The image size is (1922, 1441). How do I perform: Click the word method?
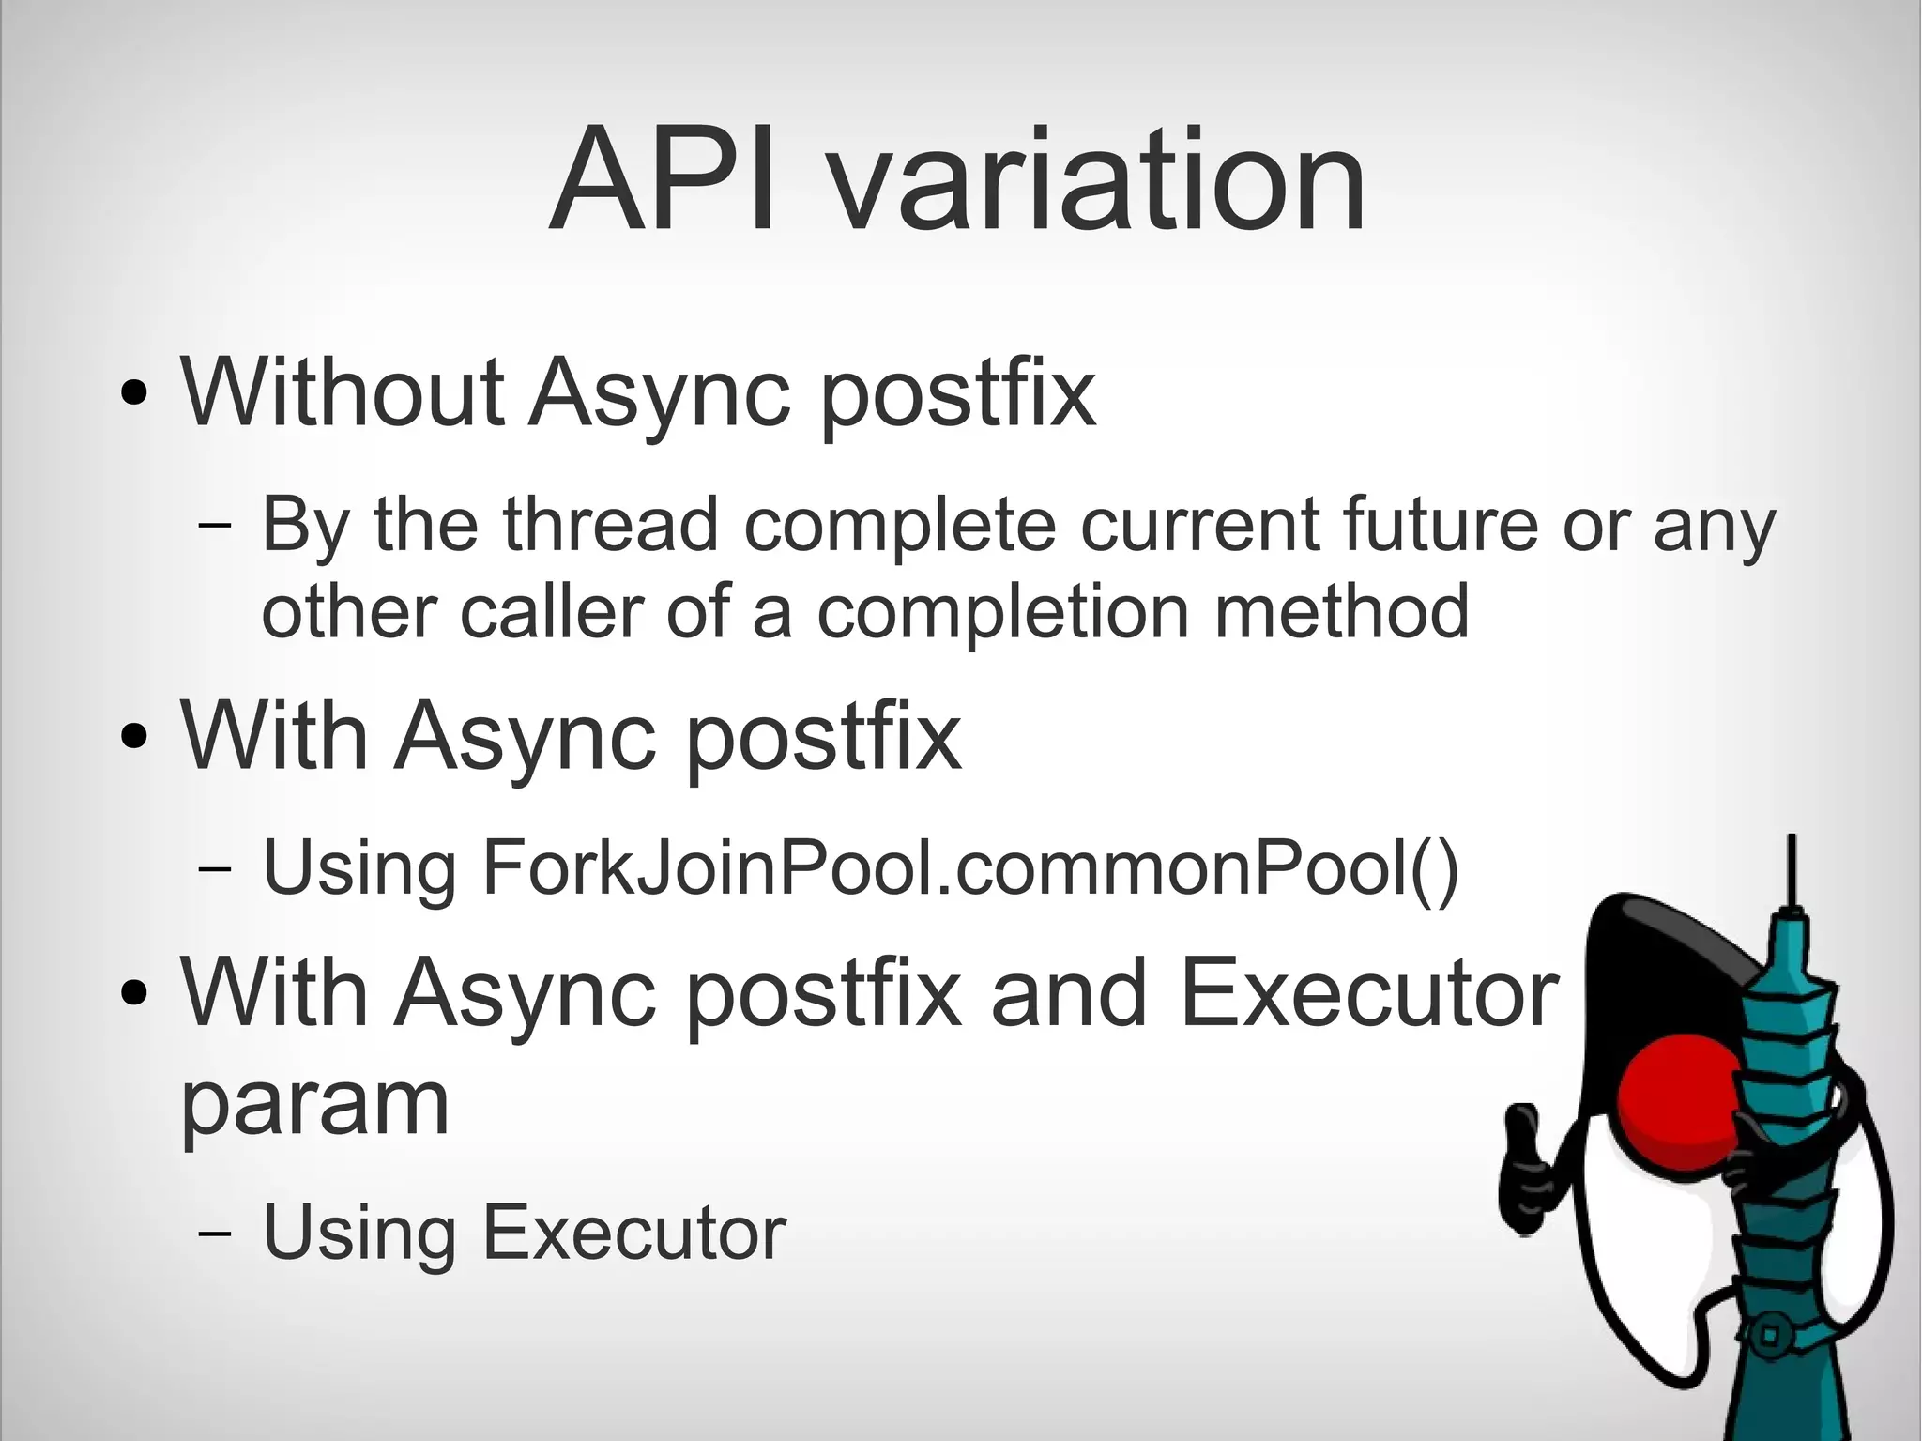tap(1342, 611)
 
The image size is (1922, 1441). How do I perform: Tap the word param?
tap(314, 1103)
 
